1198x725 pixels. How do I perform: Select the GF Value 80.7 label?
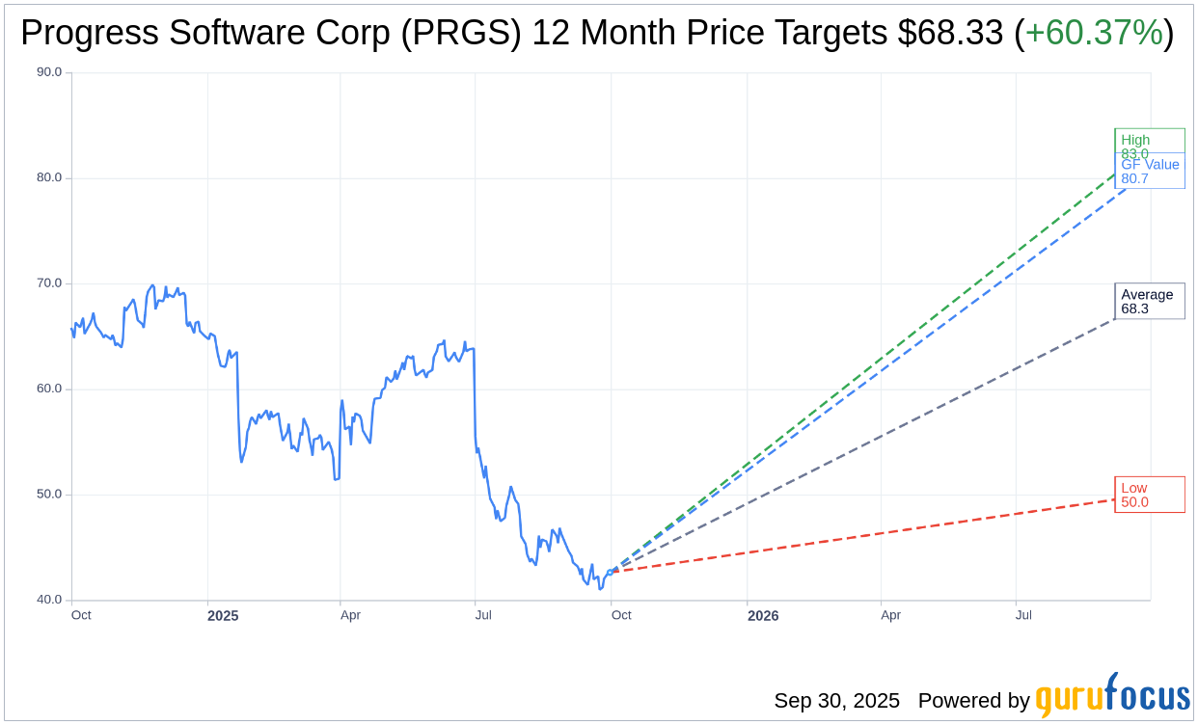click(1150, 172)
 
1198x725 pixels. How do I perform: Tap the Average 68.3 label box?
click(1149, 302)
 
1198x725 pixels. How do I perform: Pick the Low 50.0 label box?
click(1149, 495)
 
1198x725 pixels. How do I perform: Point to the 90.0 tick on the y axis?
click(48, 72)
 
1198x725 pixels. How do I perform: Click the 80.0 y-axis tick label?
click(48, 177)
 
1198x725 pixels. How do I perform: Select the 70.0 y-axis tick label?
click(48, 283)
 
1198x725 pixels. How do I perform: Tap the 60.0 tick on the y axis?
click(48, 389)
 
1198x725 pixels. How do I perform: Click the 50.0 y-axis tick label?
click(48, 495)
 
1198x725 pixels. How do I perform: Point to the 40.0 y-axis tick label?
click(48, 600)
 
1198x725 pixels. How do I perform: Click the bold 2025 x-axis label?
click(223, 615)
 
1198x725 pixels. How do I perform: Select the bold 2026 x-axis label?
click(763, 615)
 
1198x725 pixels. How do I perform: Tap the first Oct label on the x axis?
click(81, 615)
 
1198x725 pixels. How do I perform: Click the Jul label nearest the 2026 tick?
click(1023, 615)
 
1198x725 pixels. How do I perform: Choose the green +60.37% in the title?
click(1094, 33)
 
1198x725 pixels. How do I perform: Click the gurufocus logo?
click(1112, 696)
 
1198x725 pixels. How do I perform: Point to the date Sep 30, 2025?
click(836, 701)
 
